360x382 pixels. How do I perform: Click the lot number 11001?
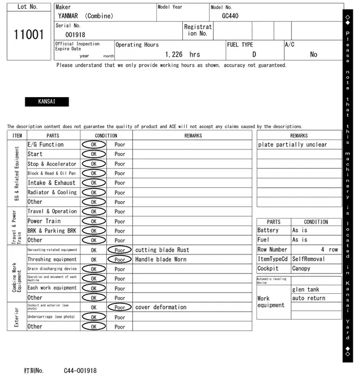pyautogui.click(x=28, y=35)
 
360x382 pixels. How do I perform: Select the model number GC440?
pyautogui.click(x=229, y=16)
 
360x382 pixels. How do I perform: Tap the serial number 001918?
pyautogui.click(x=75, y=35)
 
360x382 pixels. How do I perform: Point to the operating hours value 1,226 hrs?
pyautogui.click(x=182, y=54)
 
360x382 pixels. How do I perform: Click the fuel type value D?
pyautogui.click(x=254, y=54)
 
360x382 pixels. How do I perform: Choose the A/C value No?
pyautogui.click(x=313, y=54)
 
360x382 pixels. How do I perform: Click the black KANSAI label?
pyautogui.click(x=47, y=102)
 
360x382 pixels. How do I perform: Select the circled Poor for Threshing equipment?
pyautogui.click(x=119, y=260)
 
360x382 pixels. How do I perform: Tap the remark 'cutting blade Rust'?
pyautogui.click(x=162, y=250)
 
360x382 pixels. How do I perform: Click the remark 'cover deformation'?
pyautogui.click(x=160, y=307)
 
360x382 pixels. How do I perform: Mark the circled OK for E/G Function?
pyautogui.click(x=93, y=144)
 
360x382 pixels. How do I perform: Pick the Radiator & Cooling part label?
pyautogui.click(x=52, y=192)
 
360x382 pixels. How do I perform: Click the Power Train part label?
pyautogui.click(x=44, y=221)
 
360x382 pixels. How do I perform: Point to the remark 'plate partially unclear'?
pyautogui.click(x=292, y=144)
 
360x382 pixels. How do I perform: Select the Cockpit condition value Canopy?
pyautogui.click(x=301, y=269)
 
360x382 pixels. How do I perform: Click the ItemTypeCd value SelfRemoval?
pyautogui.click(x=308, y=259)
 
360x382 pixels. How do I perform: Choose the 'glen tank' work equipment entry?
pyautogui.click(x=305, y=289)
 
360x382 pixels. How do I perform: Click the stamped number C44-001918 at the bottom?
pyautogui.click(x=80, y=371)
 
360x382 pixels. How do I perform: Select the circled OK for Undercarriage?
pyautogui.click(x=93, y=317)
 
